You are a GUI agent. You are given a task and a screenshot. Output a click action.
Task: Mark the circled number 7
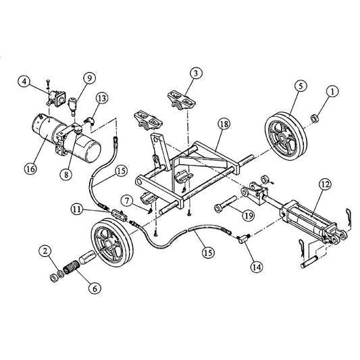(125, 199)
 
